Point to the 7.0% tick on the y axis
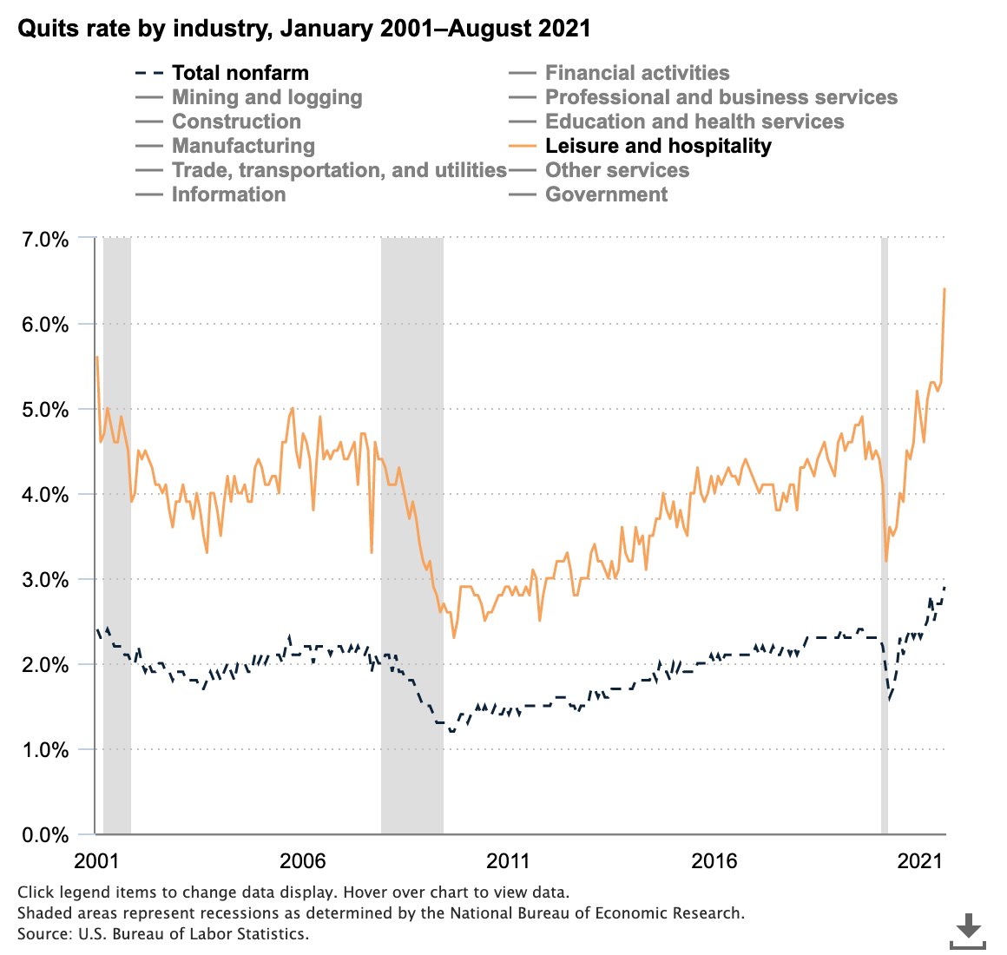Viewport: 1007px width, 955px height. coord(43,239)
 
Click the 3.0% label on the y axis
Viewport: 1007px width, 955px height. coord(43,579)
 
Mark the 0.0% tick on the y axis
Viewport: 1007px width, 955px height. coord(43,834)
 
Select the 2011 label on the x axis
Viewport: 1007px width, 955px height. coord(508,861)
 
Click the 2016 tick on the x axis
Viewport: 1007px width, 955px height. coord(714,861)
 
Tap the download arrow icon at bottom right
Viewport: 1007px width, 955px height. coord(968,930)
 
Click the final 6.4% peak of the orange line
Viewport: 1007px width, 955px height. coord(944,289)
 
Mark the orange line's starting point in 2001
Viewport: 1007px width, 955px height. coord(96,357)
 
